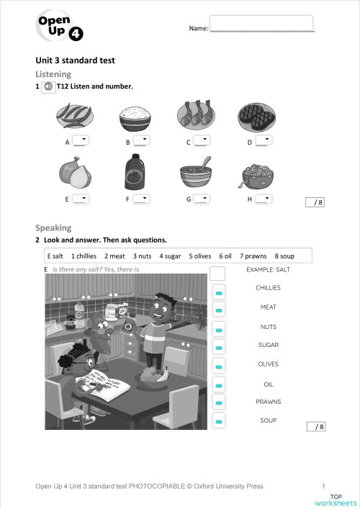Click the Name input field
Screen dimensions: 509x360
point(261,23)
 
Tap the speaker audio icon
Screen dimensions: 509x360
point(48,86)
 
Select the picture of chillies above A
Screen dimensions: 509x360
point(74,115)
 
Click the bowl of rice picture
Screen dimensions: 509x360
point(135,117)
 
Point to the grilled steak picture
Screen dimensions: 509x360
point(256,116)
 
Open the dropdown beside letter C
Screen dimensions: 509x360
point(202,141)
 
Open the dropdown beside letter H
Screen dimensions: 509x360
point(263,199)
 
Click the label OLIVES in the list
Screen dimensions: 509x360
point(268,364)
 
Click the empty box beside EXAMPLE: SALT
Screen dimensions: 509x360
point(217,273)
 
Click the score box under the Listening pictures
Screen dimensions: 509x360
point(315,202)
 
